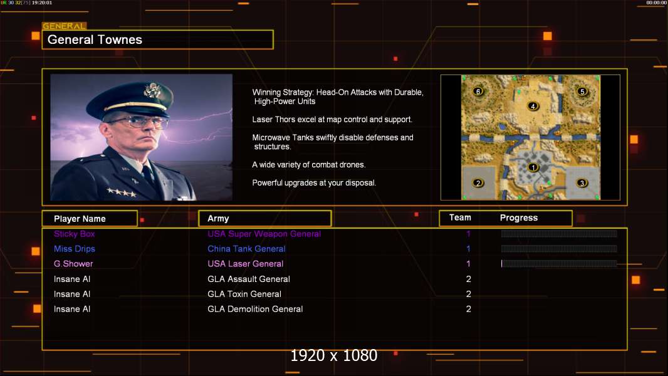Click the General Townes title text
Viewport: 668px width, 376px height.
[x=95, y=39]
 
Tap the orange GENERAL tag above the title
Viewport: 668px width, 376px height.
[x=64, y=26]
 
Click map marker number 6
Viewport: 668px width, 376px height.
[x=478, y=91]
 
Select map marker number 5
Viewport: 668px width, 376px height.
[x=582, y=91]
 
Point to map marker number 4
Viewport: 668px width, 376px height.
[x=533, y=106]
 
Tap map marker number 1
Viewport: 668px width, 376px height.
[x=533, y=167]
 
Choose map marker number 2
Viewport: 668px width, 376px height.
[x=478, y=183]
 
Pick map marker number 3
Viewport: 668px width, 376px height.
[x=582, y=183]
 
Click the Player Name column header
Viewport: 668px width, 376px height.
[x=80, y=219]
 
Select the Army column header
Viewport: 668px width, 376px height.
[x=218, y=219]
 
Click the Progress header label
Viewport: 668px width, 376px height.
[x=518, y=218]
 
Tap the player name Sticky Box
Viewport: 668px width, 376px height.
[x=74, y=234]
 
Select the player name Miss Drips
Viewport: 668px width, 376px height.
[x=74, y=249]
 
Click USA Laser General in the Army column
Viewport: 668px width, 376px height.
[x=246, y=264]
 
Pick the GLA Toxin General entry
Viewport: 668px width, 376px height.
[x=244, y=294]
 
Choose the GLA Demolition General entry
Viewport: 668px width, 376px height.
[x=255, y=309]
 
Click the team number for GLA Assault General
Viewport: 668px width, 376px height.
[x=469, y=279]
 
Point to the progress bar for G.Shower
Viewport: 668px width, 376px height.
[x=558, y=264]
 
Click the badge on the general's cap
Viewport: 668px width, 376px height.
[x=152, y=90]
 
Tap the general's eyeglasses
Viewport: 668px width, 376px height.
[x=138, y=123]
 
